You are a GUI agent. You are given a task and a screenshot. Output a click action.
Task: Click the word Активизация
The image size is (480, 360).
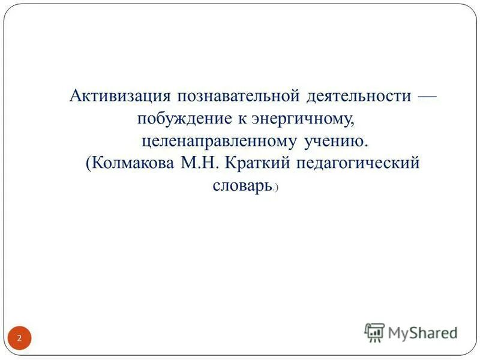click(119, 96)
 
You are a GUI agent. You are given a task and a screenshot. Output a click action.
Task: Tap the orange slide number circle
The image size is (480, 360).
click(19, 338)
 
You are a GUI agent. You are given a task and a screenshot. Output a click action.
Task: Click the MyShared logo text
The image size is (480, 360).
click(423, 332)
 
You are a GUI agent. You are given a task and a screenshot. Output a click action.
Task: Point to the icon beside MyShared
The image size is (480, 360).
click(374, 332)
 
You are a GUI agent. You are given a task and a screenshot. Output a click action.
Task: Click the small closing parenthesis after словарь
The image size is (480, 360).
click(277, 189)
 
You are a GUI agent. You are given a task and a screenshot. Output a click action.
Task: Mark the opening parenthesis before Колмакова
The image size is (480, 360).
click(88, 164)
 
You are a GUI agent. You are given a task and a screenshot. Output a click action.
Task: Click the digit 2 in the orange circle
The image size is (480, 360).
click(19, 338)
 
